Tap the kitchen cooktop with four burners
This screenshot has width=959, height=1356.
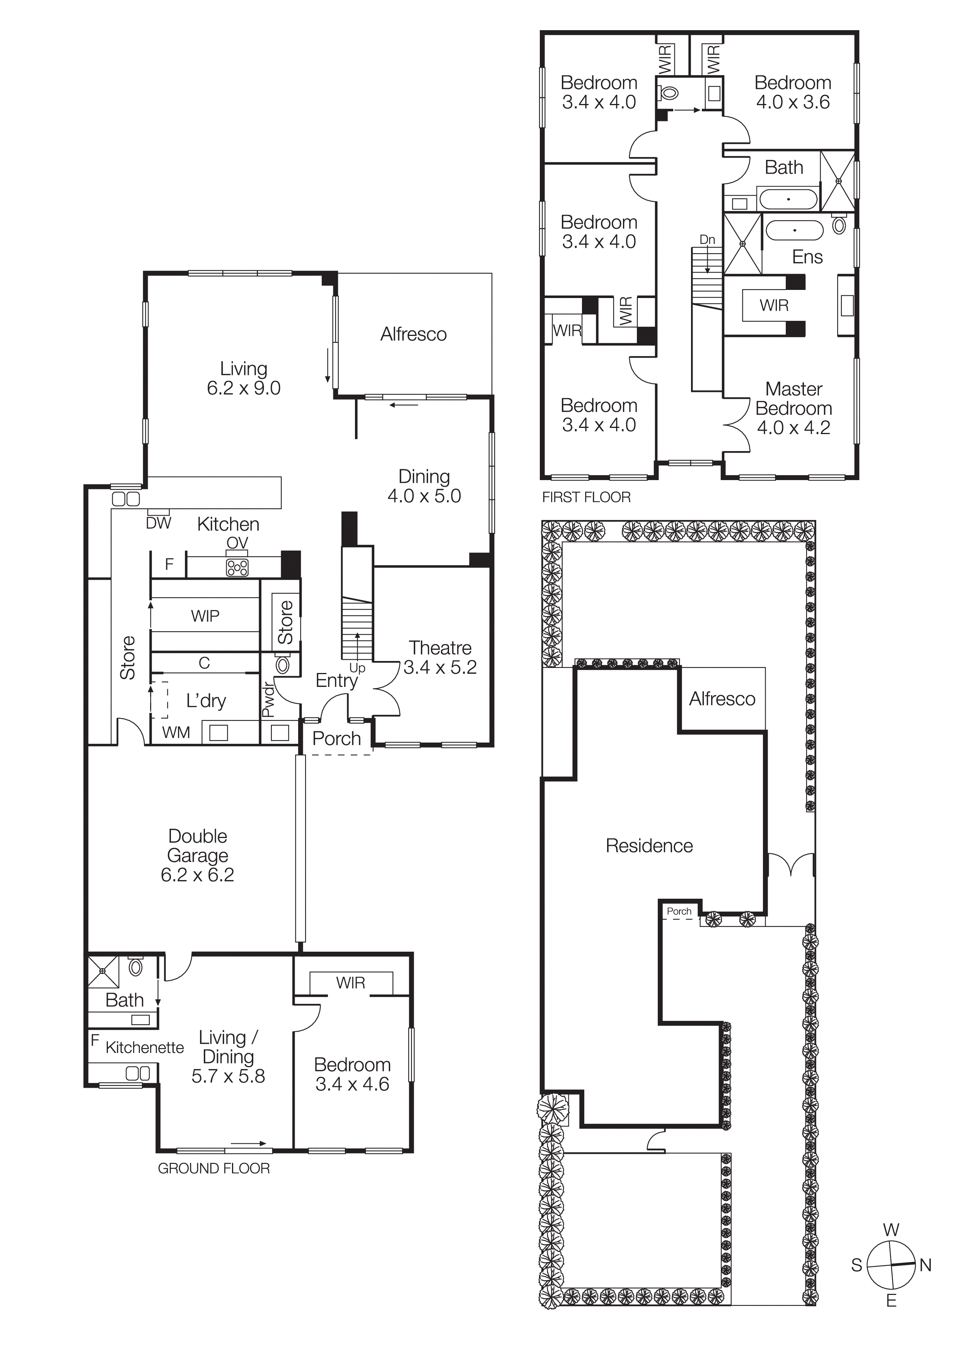pyautogui.click(x=237, y=567)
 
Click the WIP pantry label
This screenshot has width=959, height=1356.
pyautogui.click(x=205, y=616)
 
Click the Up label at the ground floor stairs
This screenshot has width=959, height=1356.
pyautogui.click(x=357, y=668)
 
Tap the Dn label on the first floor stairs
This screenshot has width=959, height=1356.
pyautogui.click(x=707, y=239)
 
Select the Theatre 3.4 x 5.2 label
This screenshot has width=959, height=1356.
pyautogui.click(x=440, y=658)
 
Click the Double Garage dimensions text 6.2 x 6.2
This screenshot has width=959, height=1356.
pyautogui.click(x=197, y=875)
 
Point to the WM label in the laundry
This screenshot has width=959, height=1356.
pyautogui.click(x=176, y=733)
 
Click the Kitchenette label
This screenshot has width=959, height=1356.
pyautogui.click(x=145, y=1047)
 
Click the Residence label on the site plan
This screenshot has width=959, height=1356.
pyautogui.click(x=649, y=846)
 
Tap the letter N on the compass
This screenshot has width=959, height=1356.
pyautogui.click(x=925, y=1265)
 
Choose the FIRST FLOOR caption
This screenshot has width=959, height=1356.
pyautogui.click(x=586, y=497)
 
